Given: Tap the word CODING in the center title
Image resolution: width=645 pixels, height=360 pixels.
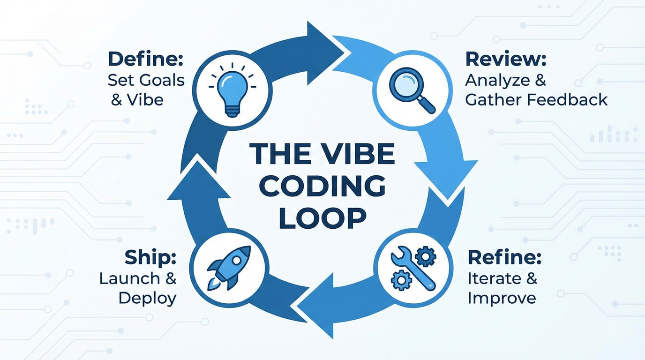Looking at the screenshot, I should [x=322, y=187].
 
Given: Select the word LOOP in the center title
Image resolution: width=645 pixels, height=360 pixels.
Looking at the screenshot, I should [x=322, y=218].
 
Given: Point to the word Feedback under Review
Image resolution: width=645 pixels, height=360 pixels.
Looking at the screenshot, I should [x=571, y=99].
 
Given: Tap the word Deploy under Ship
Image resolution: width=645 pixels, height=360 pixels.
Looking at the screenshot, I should [x=147, y=298].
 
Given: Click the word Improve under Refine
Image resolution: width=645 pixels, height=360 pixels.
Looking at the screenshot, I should [x=502, y=298].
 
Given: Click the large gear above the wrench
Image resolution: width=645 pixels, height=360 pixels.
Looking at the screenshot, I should [x=425, y=256].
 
